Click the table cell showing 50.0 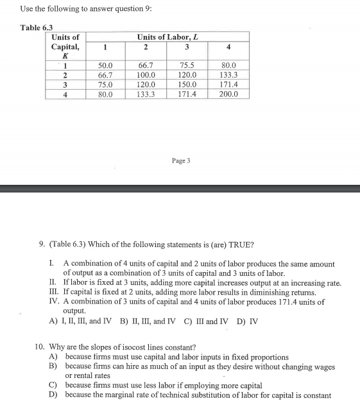point(105,65)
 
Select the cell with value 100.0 point(146,74)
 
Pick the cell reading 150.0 point(187,84)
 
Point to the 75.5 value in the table point(187,65)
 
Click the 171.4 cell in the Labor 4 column point(228,84)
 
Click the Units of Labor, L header point(167,37)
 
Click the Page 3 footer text point(180,160)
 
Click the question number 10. point(39,347)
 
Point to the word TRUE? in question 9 point(240,245)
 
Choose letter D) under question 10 point(54,395)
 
